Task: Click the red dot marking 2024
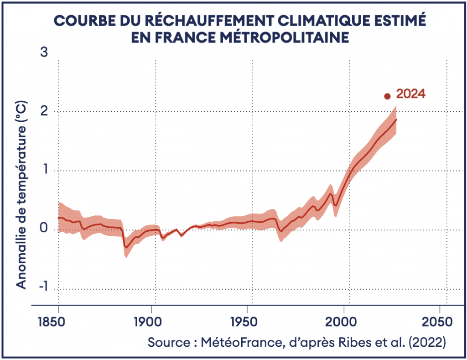[387, 96]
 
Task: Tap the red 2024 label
[411, 94]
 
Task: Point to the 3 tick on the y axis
[44, 53]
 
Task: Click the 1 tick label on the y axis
[44, 171]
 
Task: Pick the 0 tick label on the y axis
[44, 230]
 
